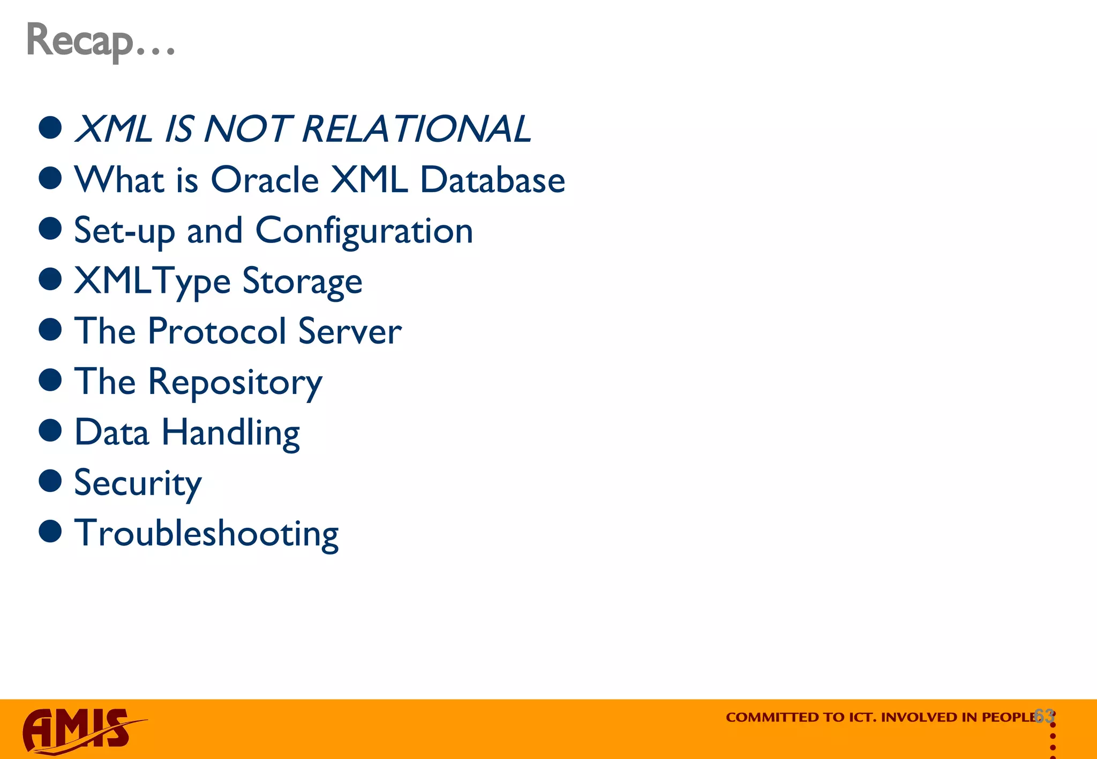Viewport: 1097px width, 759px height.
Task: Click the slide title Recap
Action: click(x=100, y=41)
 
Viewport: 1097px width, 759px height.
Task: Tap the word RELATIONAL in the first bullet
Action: click(x=416, y=129)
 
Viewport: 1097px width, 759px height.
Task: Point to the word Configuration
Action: click(x=364, y=231)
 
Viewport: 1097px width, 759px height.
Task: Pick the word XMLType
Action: click(x=152, y=282)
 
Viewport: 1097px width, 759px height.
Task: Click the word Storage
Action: click(x=302, y=282)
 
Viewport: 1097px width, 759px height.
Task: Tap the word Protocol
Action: click(x=217, y=331)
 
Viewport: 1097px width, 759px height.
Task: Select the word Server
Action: click(x=350, y=331)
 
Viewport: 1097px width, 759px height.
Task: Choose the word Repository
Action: click(x=235, y=382)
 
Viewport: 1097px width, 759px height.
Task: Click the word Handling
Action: click(x=230, y=432)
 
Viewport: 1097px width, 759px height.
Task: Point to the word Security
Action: click(x=138, y=483)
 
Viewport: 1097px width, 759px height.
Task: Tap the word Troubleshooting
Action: click(x=206, y=534)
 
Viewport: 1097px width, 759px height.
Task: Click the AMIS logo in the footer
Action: click(x=80, y=730)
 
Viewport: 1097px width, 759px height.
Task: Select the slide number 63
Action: click(x=1044, y=716)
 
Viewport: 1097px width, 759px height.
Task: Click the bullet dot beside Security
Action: click(x=50, y=481)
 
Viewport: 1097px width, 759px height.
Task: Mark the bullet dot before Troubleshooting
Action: click(x=50, y=531)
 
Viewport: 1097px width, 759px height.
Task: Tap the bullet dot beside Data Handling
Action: click(x=50, y=430)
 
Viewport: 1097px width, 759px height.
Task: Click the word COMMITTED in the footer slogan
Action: click(x=767, y=717)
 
